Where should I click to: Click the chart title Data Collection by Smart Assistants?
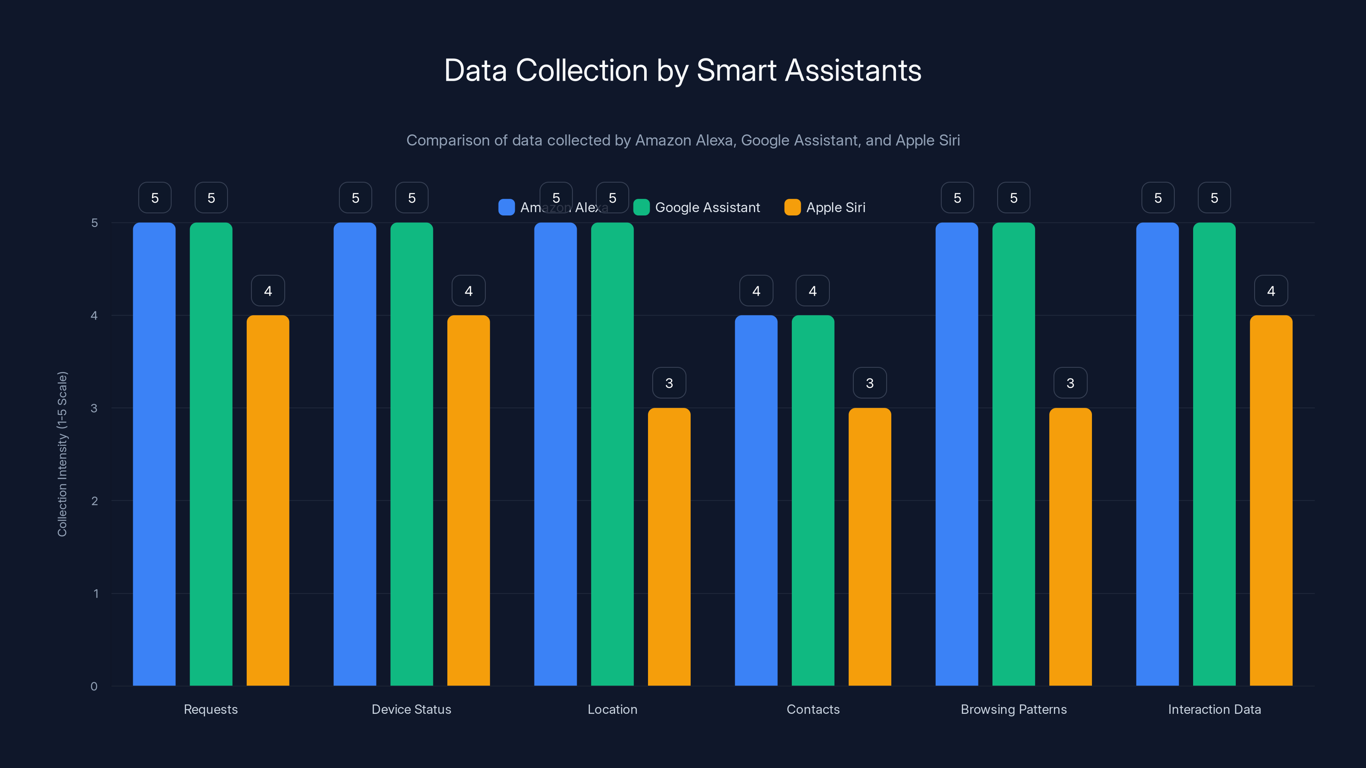(683, 70)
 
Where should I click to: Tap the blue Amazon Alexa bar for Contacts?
(756, 500)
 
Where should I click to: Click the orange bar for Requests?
(268, 500)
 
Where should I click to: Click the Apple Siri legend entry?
(825, 207)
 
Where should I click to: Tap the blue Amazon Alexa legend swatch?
(506, 207)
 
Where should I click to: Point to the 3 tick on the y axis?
(94, 408)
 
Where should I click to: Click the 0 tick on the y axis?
(94, 687)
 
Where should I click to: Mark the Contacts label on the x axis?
(813, 709)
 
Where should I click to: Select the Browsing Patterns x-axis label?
(1013, 709)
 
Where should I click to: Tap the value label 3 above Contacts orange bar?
(870, 383)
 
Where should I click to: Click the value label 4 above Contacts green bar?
(812, 291)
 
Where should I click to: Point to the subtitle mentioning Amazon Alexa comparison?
(683, 140)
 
